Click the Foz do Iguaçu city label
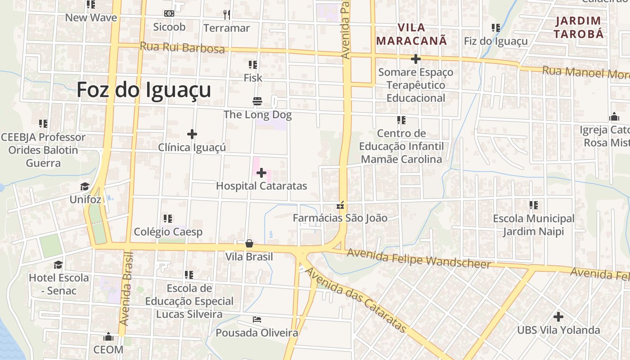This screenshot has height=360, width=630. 144,90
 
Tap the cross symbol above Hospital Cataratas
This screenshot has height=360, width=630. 261,173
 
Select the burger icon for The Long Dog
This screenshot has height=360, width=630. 257,102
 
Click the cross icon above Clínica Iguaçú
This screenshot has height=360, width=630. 192,134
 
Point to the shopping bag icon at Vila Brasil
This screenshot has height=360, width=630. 249,244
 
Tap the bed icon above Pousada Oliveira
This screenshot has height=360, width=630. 257,320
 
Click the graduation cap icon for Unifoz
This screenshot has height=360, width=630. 85,187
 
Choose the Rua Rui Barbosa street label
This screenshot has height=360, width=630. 182,47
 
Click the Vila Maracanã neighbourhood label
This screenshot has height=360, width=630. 411,34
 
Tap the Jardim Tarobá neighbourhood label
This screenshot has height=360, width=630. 578,27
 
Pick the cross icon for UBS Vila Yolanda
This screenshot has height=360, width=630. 558,317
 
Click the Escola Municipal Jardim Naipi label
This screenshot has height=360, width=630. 534,225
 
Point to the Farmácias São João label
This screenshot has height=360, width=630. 340,218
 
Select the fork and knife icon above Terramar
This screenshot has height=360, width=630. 227,15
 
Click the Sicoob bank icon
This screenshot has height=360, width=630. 169,14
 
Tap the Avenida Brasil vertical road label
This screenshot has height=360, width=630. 126,288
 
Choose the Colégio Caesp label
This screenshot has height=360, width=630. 168,232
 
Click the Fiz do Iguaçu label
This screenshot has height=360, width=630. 496,42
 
